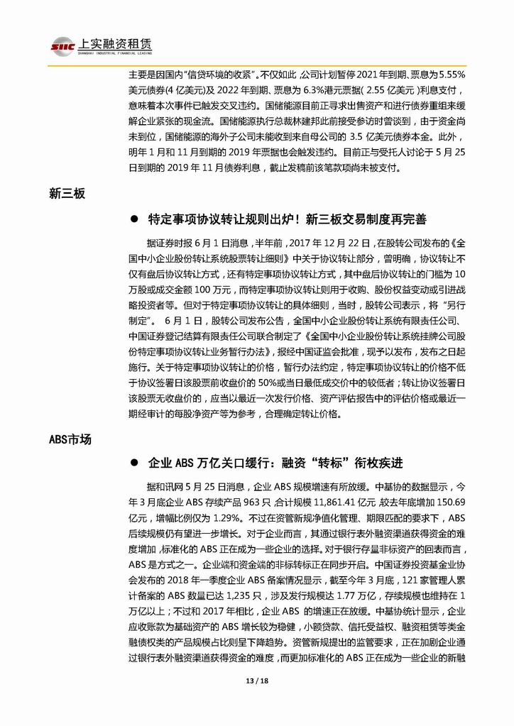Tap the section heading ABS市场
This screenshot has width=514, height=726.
(70, 440)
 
